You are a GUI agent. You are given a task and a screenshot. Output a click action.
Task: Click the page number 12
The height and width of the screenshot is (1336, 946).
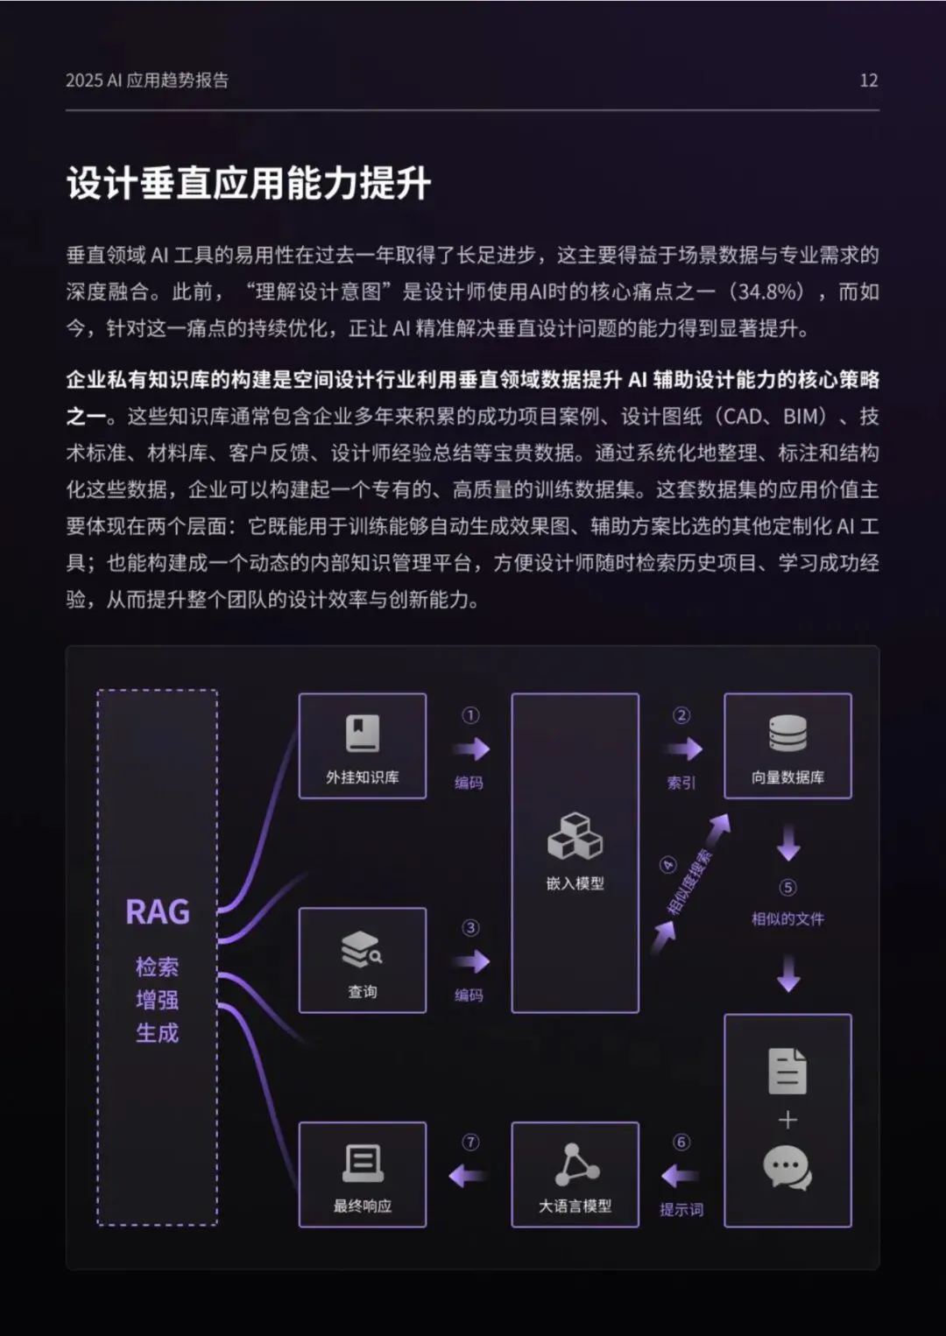coord(868,81)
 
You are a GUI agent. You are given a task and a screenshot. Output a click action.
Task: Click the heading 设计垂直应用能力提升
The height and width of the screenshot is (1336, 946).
coord(249,184)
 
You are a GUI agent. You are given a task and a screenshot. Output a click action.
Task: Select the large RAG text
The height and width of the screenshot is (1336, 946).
coord(158,912)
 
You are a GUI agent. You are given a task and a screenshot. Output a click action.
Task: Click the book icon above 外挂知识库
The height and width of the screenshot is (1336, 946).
coord(363,734)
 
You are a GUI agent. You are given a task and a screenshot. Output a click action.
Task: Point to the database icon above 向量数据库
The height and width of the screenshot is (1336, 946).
coord(787,734)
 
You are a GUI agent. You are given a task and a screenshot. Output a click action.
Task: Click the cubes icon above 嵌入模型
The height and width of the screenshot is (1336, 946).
coord(575,837)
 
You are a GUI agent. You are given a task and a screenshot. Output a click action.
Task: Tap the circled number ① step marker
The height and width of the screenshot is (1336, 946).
coord(470,715)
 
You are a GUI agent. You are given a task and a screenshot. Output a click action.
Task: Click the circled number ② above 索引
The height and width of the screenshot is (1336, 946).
coord(681,715)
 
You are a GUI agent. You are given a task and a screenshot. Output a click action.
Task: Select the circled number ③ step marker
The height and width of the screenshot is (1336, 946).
coord(470,928)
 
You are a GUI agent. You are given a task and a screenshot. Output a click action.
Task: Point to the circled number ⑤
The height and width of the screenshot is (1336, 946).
coord(788,888)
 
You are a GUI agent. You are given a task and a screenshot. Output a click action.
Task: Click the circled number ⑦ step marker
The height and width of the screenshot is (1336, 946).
coord(470,1143)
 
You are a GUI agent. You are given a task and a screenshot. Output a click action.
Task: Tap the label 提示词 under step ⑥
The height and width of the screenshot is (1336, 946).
coord(681,1210)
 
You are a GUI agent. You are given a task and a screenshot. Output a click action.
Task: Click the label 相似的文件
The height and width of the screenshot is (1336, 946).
coord(787,919)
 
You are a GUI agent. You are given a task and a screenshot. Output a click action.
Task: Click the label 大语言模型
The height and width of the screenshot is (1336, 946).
coord(575,1206)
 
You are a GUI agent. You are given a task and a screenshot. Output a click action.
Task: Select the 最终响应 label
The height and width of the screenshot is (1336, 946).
coord(363,1206)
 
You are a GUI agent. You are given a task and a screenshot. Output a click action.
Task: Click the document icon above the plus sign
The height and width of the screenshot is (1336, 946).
coord(787,1071)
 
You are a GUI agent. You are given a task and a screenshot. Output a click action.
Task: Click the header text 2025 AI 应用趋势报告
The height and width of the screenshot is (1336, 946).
coord(147,81)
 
